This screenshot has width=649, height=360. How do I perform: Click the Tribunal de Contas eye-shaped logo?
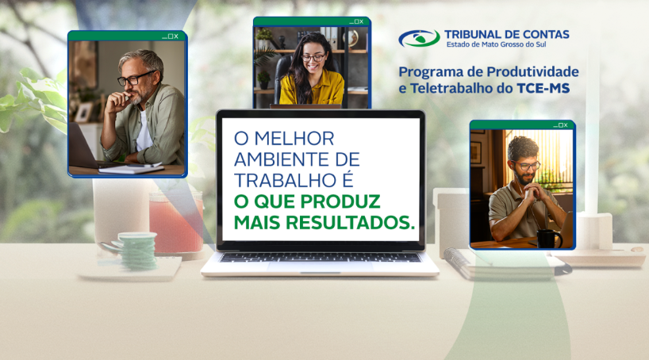[419, 38]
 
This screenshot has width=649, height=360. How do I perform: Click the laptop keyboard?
[320, 257]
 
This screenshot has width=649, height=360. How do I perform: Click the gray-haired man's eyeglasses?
[136, 79]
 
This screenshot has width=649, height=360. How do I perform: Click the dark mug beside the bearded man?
[547, 238]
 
